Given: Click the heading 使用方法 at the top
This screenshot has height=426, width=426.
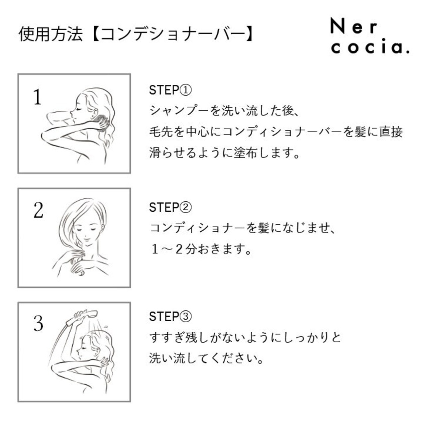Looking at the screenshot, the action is click(x=51, y=34).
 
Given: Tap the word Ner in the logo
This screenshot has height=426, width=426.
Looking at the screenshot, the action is click(x=353, y=26).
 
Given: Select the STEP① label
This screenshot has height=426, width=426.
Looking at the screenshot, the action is click(x=170, y=90).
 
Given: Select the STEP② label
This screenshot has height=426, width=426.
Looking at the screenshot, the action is click(x=170, y=207).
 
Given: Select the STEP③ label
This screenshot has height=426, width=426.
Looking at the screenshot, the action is click(x=170, y=316).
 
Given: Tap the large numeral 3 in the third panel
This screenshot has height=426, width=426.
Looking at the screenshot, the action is click(x=38, y=323).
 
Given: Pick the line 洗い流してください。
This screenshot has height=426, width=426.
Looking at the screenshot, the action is click(x=206, y=358).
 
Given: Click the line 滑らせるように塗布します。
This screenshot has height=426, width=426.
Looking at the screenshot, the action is click(x=224, y=153).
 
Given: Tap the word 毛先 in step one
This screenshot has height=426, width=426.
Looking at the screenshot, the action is click(x=161, y=132).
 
